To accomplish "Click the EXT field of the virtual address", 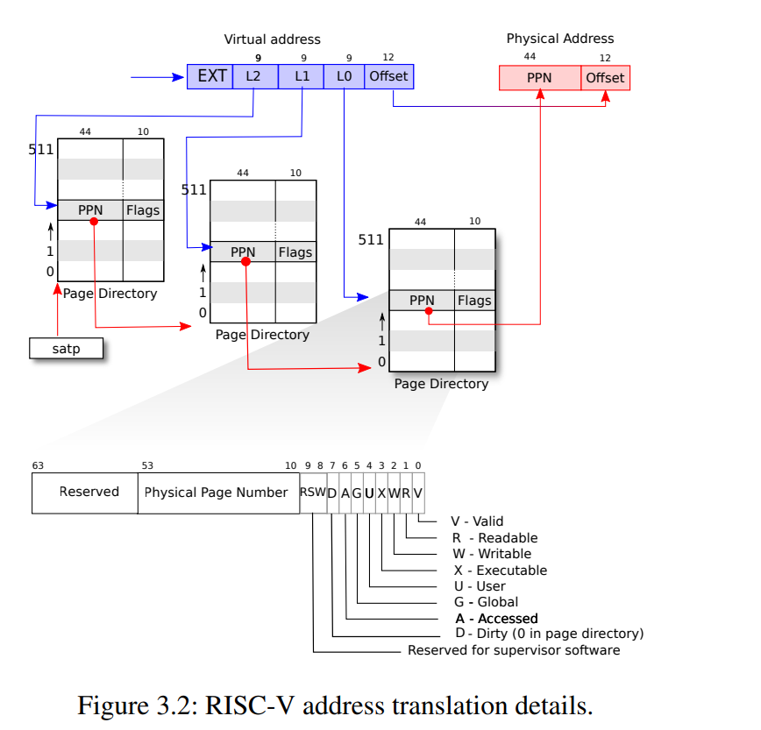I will [x=210, y=76].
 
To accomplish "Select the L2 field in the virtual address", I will [x=254, y=76].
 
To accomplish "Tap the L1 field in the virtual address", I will [x=302, y=76].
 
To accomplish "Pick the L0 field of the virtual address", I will [x=345, y=76].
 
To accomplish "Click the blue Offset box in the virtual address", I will [x=388, y=76].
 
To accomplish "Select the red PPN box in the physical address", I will [x=539, y=78].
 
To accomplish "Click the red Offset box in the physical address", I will [x=605, y=78].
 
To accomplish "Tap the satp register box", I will [x=66, y=349].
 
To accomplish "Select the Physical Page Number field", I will [x=217, y=493].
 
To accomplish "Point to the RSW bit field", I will [x=312, y=493].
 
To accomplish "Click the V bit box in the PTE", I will [x=418, y=493].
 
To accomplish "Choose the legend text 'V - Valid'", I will [x=477, y=521].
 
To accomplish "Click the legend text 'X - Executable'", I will [x=500, y=571].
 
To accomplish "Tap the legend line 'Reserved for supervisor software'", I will [x=514, y=650].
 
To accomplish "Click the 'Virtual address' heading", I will [x=273, y=39].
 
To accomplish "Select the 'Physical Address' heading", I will [x=560, y=39].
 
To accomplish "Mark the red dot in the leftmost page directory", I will [x=94, y=221].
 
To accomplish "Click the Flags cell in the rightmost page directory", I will [x=474, y=301].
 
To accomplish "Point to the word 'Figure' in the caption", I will [x=110, y=705].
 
